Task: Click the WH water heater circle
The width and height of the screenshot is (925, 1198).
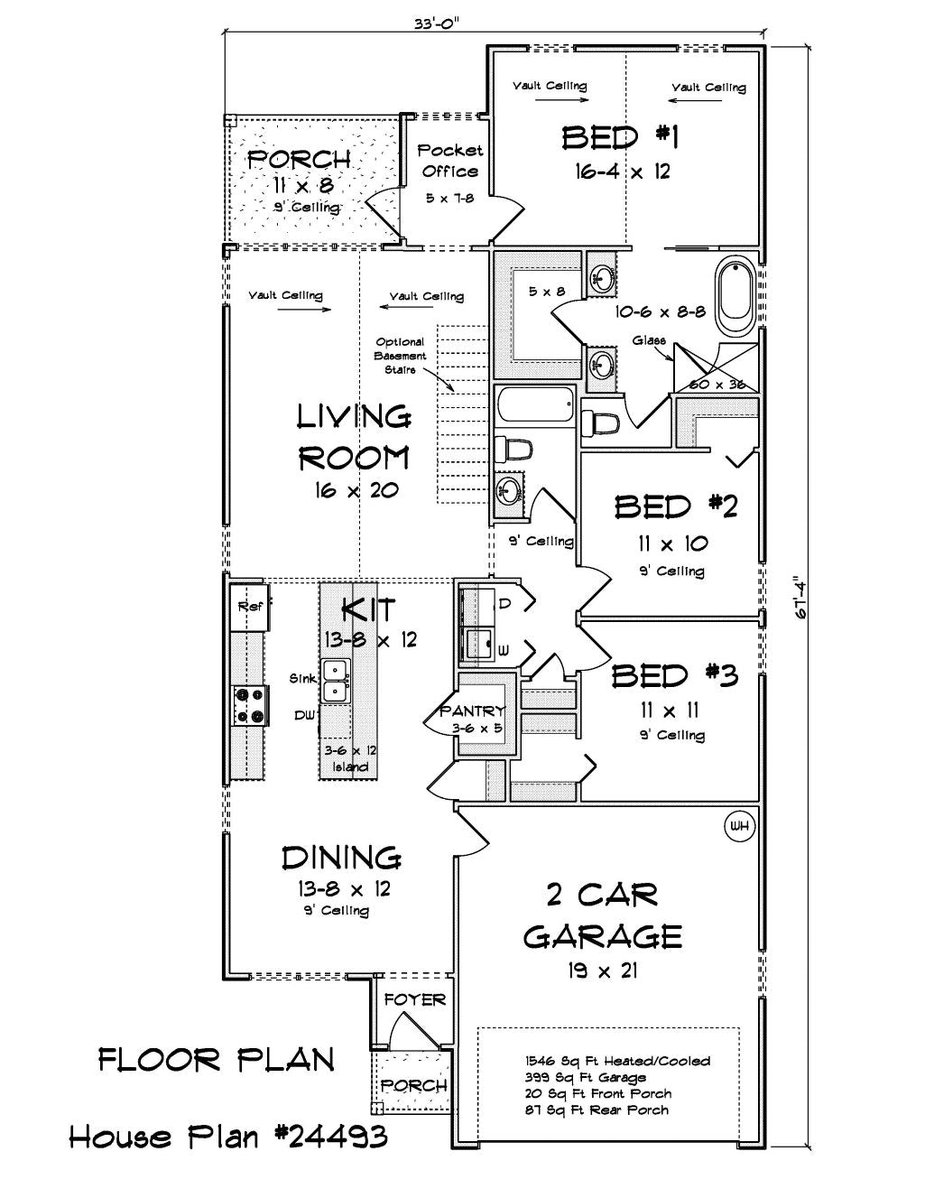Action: pyautogui.click(x=739, y=826)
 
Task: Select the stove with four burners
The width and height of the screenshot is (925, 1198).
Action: pyautogui.click(x=250, y=705)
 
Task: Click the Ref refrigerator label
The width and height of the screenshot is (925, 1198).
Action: pyautogui.click(x=251, y=607)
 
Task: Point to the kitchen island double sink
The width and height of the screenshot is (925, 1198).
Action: pyautogui.click(x=336, y=681)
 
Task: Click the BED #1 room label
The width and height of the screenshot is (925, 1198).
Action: pyautogui.click(x=620, y=138)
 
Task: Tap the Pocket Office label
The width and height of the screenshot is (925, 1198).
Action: pyautogui.click(x=450, y=161)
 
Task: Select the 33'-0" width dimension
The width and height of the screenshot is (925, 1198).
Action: pyautogui.click(x=437, y=23)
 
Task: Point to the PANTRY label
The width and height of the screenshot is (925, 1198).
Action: pyautogui.click(x=472, y=711)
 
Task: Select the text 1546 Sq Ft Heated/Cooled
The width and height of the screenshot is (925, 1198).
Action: pyautogui.click(x=617, y=1061)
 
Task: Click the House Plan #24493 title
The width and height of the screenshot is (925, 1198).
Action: pyautogui.click(x=228, y=1137)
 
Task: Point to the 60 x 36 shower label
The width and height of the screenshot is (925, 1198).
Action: pyautogui.click(x=717, y=385)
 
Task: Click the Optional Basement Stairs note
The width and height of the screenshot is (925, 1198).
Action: pyautogui.click(x=400, y=356)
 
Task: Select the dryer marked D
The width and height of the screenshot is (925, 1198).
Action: pyautogui.click(x=479, y=607)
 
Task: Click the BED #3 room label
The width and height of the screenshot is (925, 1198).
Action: pyautogui.click(x=674, y=675)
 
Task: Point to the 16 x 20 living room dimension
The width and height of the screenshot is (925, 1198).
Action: pyautogui.click(x=356, y=489)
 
